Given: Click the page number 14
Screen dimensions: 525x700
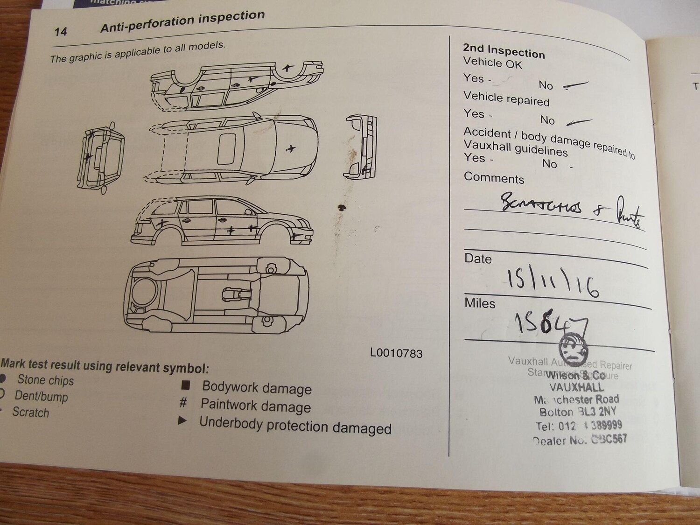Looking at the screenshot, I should pos(61,32).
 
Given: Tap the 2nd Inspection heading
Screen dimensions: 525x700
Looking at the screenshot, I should pos(504,50).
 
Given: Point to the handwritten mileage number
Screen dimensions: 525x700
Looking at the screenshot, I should pos(550,322).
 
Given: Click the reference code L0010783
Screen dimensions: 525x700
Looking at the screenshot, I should pos(396,353).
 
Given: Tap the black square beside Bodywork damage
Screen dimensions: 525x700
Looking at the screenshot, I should pos(186,385).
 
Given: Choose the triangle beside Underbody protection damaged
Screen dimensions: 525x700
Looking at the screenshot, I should pos(182,421).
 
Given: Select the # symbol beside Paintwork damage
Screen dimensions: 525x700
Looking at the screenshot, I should pos(183,402).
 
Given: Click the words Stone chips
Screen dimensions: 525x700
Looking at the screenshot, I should pos(45,380).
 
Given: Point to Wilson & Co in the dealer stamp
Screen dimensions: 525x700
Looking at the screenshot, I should pos(575,375).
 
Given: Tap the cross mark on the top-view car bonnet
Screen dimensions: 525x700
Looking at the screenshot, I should pos(291,149).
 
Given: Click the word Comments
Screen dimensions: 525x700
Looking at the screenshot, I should pos(494,178).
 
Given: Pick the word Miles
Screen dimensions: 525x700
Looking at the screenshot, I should pos(480,303).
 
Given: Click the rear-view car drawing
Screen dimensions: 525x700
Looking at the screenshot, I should pos(101,157).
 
